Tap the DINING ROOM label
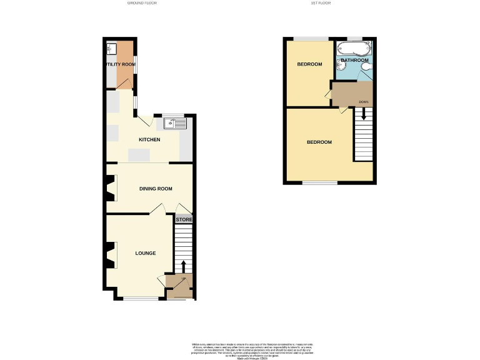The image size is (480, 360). point(155,188)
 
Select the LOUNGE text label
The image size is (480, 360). point(146,253)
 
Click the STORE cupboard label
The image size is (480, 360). point(184,220)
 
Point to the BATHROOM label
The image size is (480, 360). point(354,61)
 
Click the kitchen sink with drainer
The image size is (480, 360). point(176,123)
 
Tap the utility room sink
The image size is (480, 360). point(110,47)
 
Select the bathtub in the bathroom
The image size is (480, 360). point(354,49)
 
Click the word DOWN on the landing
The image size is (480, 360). point(363,101)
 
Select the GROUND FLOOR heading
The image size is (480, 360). point(142,3)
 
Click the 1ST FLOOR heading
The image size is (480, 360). point(320,3)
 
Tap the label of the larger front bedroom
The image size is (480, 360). point(319,142)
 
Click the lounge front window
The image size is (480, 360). point(141,298)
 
